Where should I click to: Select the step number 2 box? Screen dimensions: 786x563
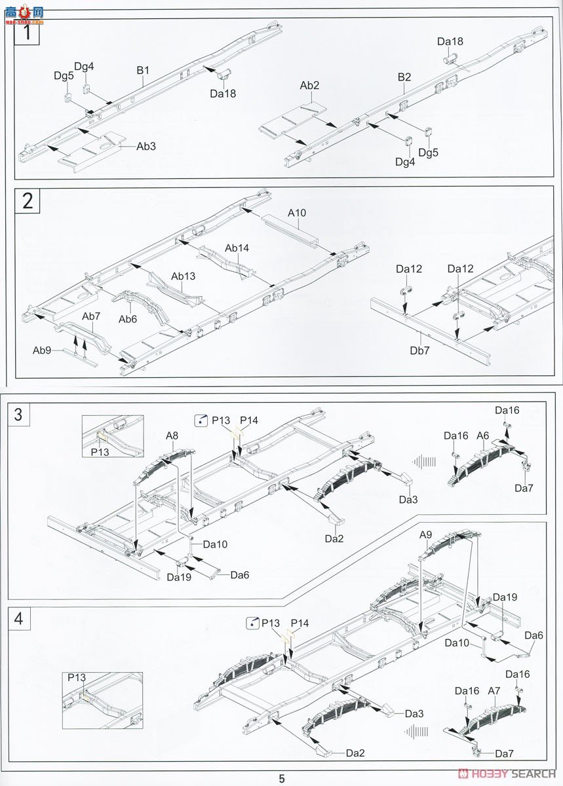tap(27, 200)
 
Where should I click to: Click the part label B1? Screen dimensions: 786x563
tap(144, 70)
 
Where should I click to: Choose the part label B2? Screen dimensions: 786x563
tap(404, 77)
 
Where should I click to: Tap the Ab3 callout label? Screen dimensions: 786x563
tap(146, 146)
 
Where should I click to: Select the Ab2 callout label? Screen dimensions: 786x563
tap(309, 86)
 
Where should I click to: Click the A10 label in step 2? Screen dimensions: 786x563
tap(296, 213)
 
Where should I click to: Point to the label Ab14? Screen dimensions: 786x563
tap(237, 248)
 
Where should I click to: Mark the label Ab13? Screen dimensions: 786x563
tap(183, 276)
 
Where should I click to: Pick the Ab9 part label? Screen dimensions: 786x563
tap(42, 350)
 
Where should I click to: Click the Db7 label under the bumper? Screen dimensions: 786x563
tap(419, 350)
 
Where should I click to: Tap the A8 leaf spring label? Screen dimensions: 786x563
tap(172, 435)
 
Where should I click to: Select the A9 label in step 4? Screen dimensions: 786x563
tap(426, 534)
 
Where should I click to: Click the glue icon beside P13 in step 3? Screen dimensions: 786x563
tap(201, 421)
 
